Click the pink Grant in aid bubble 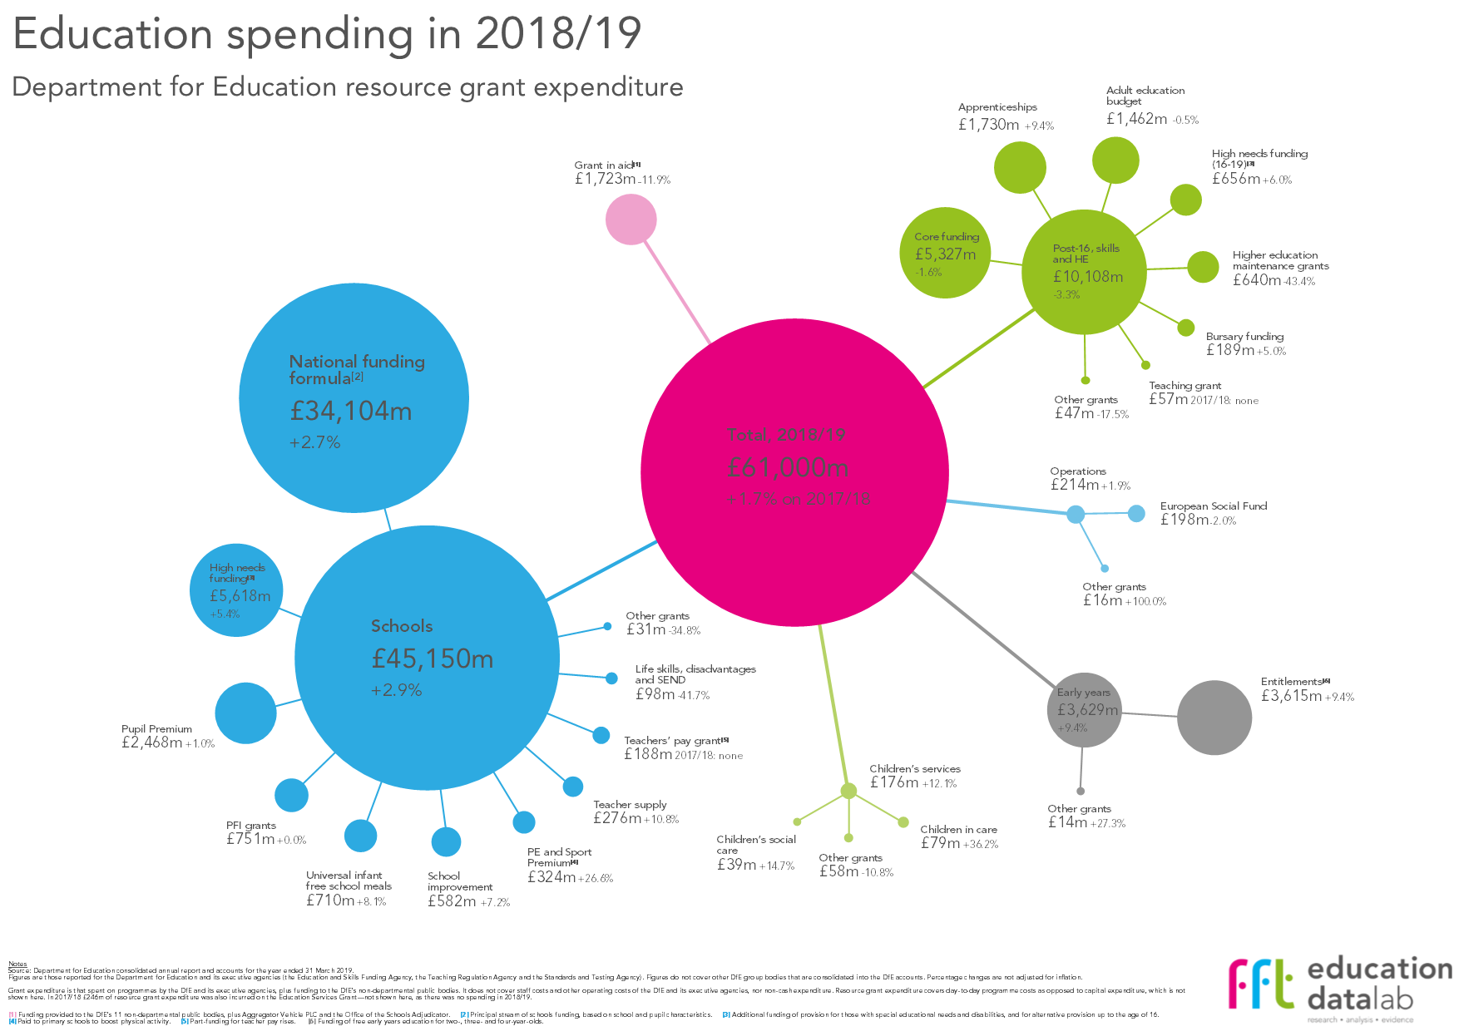(x=631, y=219)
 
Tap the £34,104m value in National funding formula (x=350, y=411)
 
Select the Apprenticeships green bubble (x=1020, y=167)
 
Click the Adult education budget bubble (x=1115, y=160)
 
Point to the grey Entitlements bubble (x=1214, y=718)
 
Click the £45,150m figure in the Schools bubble (x=432, y=659)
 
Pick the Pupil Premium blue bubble (x=245, y=713)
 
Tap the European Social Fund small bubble (x=1136, y=513)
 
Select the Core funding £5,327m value (x=945, y=254)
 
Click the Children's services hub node (x=848, y=791)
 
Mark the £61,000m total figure (x=787, y=467)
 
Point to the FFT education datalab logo (x=1340, y=987)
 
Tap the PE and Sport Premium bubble (x=524, y=822)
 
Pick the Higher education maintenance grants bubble (x=1203, y=267)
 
